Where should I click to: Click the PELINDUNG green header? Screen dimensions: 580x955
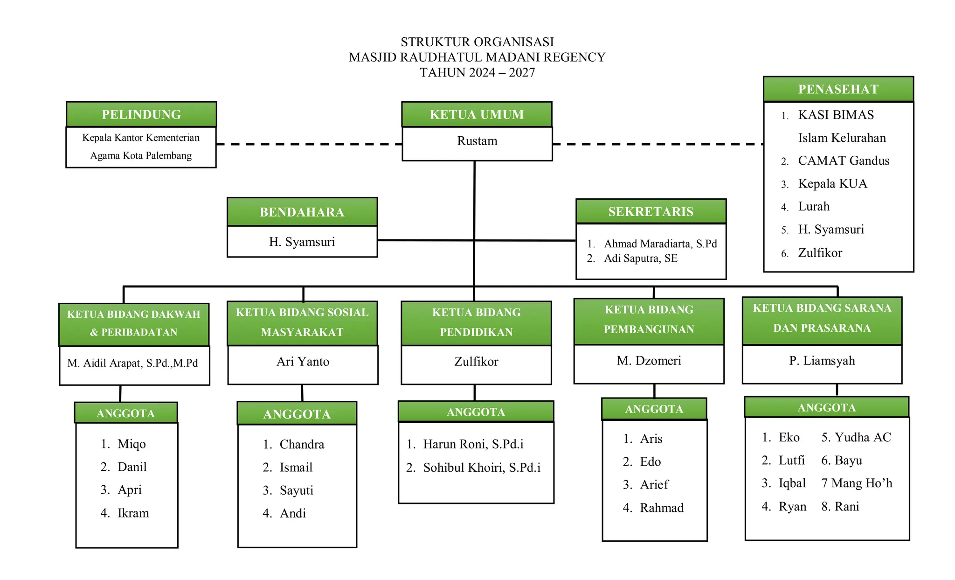click(x=141, y=114)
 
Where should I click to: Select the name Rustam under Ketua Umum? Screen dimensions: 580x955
click(x=477, y=141)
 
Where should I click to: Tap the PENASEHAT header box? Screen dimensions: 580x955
click(x=838, y=89)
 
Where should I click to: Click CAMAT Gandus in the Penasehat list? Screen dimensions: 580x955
click(x=843, y=161)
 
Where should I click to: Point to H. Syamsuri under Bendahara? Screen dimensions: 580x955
click(x=302, y=242)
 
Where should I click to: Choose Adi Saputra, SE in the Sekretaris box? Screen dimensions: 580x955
click(x=640, y=259)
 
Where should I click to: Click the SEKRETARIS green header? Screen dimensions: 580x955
click(x=651, y=212)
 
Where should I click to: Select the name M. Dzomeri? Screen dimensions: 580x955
click(x=649, y=361)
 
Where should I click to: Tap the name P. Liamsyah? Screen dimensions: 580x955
click(x=822, y=361)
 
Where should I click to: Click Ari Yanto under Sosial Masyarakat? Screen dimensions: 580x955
click(x=303, y=362)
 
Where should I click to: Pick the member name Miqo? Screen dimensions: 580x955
click(x=131, y=444)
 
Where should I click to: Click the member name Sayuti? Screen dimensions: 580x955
click(x=296, y=490)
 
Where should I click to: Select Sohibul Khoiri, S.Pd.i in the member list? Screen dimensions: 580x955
click(x=481, y=468)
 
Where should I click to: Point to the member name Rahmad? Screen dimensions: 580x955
click(x=661, y=508)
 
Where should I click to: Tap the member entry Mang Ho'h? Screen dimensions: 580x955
click(x=861, y=483)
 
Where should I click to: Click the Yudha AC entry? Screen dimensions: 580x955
click(x=862, y=437)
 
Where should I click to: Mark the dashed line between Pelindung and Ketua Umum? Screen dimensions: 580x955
click(x=309, y=144)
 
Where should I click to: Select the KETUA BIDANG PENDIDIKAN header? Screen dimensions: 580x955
click(x=476, y=322)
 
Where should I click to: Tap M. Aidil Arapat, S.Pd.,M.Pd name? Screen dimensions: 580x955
click(x=132, y=363)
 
